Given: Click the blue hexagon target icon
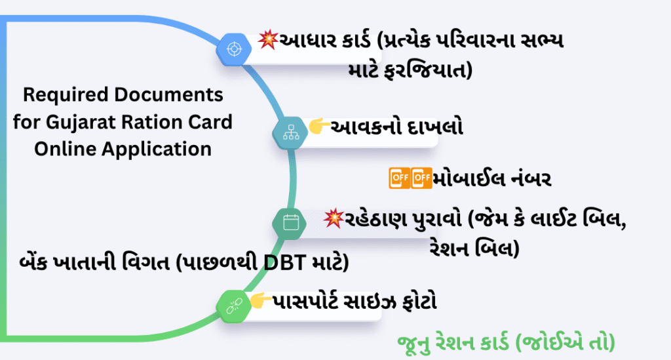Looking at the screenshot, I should [233, 48].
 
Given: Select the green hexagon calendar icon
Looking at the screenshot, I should [290, 222].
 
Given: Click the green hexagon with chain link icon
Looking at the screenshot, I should [234, 304].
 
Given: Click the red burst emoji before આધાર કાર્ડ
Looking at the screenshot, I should [268, 41].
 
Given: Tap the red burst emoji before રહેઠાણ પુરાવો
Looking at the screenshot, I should [334, 218].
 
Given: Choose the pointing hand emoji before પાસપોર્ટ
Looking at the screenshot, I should [262, 301].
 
